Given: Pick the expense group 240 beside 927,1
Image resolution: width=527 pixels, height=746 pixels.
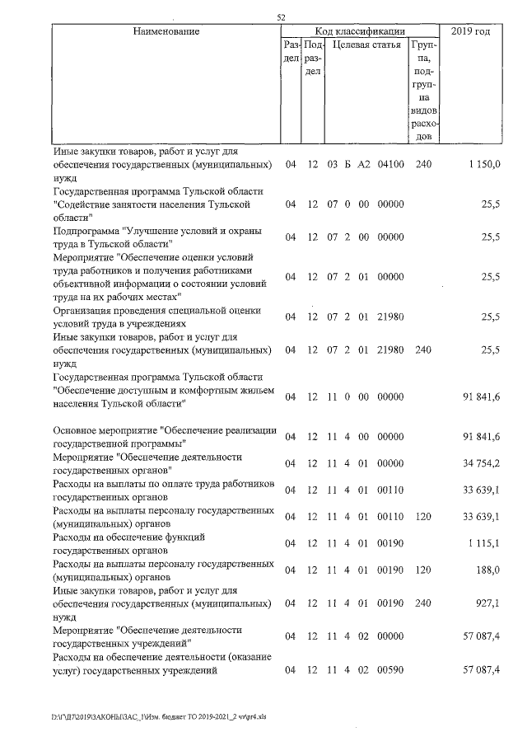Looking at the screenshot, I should (424, 603).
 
